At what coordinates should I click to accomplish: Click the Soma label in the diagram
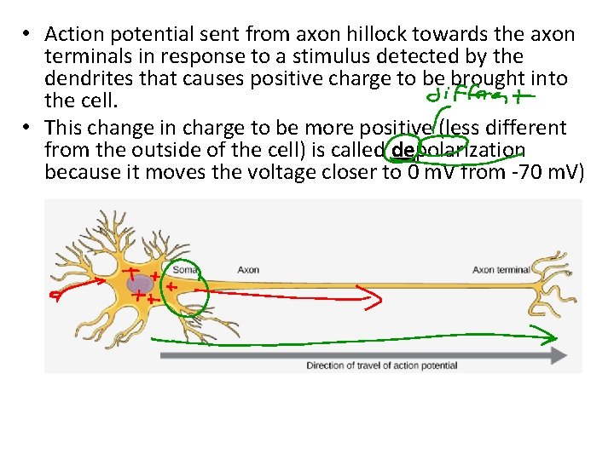[186, 270]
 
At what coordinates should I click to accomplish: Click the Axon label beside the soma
[248, 270]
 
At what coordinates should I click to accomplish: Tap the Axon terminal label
[501, 270]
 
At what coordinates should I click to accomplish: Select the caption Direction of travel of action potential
[381, 365]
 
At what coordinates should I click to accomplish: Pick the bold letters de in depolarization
[402, 151]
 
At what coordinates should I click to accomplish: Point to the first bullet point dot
[28, 35]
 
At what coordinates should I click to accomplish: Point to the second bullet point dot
[28, 128]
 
